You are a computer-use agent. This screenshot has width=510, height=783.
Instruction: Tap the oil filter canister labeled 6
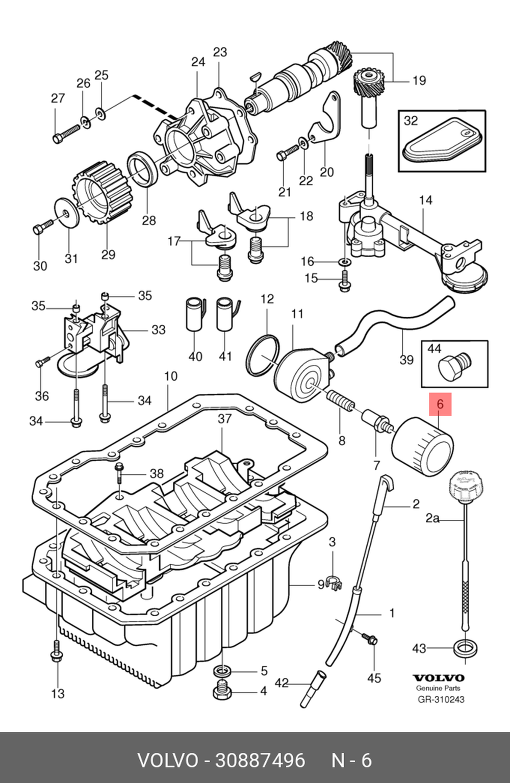pyautogui.click(x=422, y=446)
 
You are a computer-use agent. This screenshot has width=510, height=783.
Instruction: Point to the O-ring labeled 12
pyautogui.click(x=263, y=355)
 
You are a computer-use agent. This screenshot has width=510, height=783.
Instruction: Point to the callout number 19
pyautogui.click(x=419, y=81)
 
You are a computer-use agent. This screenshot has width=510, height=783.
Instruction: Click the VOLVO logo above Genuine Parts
pyautogui.click(x=439, y=678)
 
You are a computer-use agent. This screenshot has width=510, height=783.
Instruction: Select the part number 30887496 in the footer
pyautogui.click(x=260, y=761)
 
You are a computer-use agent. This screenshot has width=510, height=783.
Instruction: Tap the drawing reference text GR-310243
pyautogui.click(x=441, y=699)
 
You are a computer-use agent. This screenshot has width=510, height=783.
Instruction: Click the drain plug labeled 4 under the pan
pyautogui.click(x=222, y=692)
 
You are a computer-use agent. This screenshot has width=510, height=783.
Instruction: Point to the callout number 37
pyautogui.click(x=224, y=419)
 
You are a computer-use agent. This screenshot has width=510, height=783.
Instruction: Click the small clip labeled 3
pyautogui.click(x=333, y=582)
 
